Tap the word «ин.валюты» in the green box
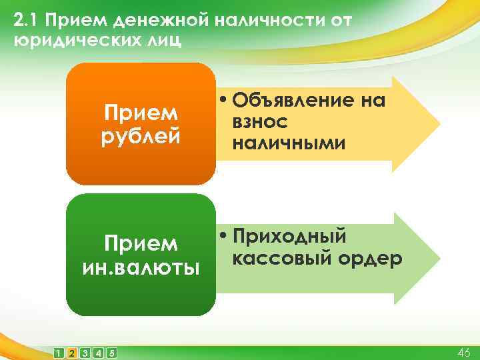141,268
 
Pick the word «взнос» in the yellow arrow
261,122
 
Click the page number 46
463,352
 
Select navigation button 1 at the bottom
59,352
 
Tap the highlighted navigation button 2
72,352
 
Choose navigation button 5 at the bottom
111,352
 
